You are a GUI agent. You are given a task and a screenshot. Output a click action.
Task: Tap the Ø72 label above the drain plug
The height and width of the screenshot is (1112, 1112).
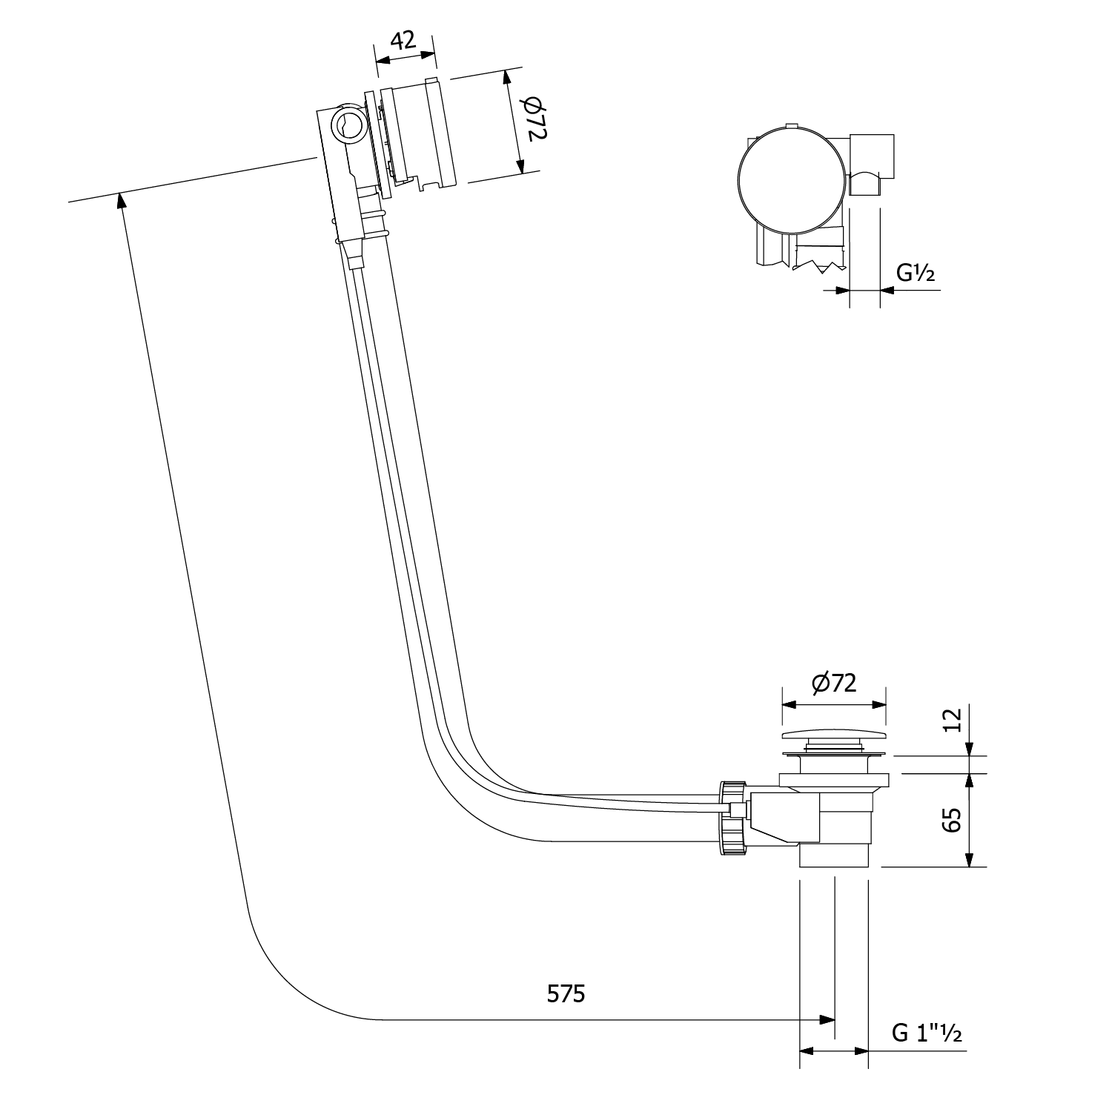click(x=834, y=683)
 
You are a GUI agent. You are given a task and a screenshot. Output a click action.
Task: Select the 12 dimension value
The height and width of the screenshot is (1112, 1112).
click(x=953, y=720)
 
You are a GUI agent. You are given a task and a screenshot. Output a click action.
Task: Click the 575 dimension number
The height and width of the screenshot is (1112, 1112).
click(x=565, y=993)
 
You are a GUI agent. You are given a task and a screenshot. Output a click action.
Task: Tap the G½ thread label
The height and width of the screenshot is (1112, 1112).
click(x=916, y=274)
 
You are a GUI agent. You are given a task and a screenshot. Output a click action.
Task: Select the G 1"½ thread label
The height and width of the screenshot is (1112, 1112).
click(x=927, y=1033)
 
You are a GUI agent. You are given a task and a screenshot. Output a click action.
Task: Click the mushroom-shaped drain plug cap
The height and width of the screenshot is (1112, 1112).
click(x=834, y=738)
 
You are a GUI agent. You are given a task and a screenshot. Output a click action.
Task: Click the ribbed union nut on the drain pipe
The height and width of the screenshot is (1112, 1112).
click(x=732, y=817)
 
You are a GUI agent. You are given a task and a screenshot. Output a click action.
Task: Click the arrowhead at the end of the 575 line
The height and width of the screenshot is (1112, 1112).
click(x=827, y=1020)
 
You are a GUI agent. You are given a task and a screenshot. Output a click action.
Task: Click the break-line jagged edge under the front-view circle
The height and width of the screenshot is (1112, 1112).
click(x=819, y=265)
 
